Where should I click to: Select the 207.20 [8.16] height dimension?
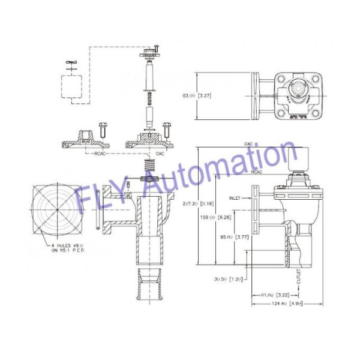click(x=211, y=203)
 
